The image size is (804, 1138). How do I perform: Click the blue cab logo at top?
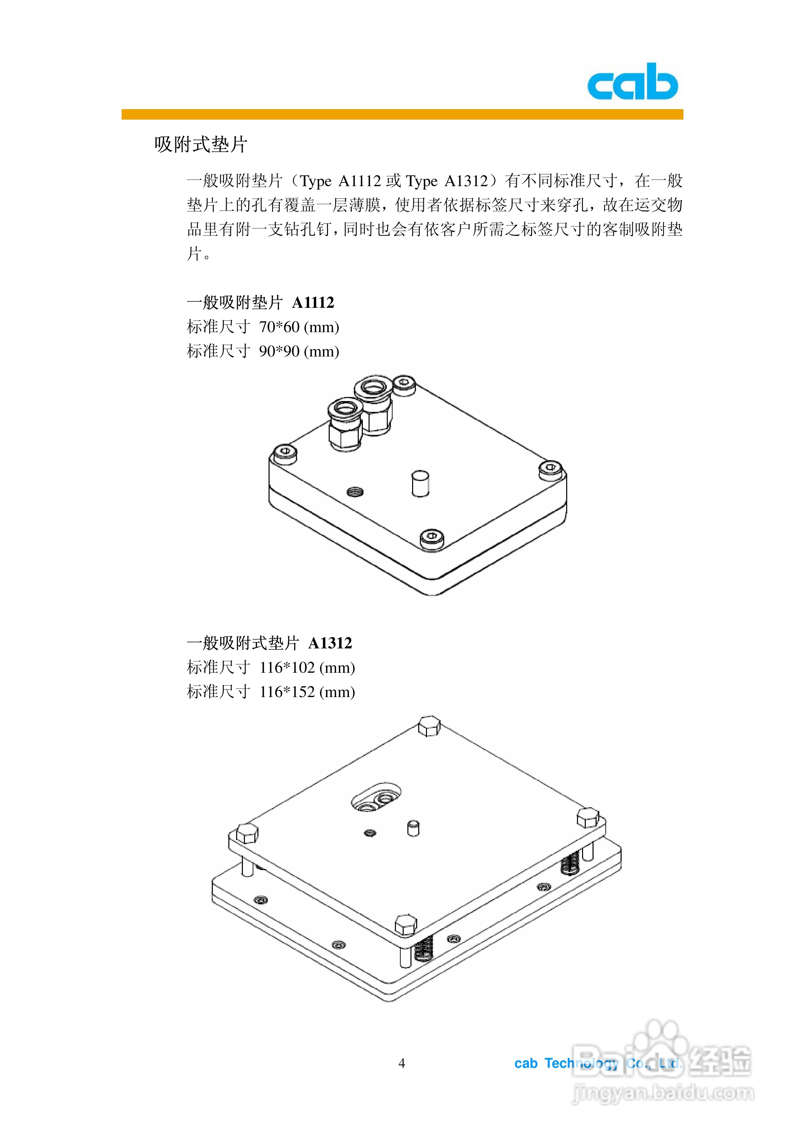click(632, 82)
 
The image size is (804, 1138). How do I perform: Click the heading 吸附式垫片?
click(200, 144)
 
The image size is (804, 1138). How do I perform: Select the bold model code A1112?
click(313, 302)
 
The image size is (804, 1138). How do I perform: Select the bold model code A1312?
click(330, 643)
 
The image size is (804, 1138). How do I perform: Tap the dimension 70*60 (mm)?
click(299, 327)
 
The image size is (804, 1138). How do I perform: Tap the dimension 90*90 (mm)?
click(299, 351)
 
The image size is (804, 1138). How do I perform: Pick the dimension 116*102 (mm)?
click(307, 668)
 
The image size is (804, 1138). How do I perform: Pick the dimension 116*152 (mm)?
click(307, 692)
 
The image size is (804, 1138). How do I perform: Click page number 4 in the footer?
click(402, 1063)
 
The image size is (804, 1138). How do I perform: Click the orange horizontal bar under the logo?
click(402, 115)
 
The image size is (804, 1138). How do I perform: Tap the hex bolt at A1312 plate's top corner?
click(429, 726)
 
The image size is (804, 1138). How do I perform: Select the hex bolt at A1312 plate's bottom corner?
click(405, 925)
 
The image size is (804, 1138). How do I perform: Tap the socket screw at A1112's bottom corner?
click(432, 537)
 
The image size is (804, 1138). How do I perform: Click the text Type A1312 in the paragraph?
click(447, 181)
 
